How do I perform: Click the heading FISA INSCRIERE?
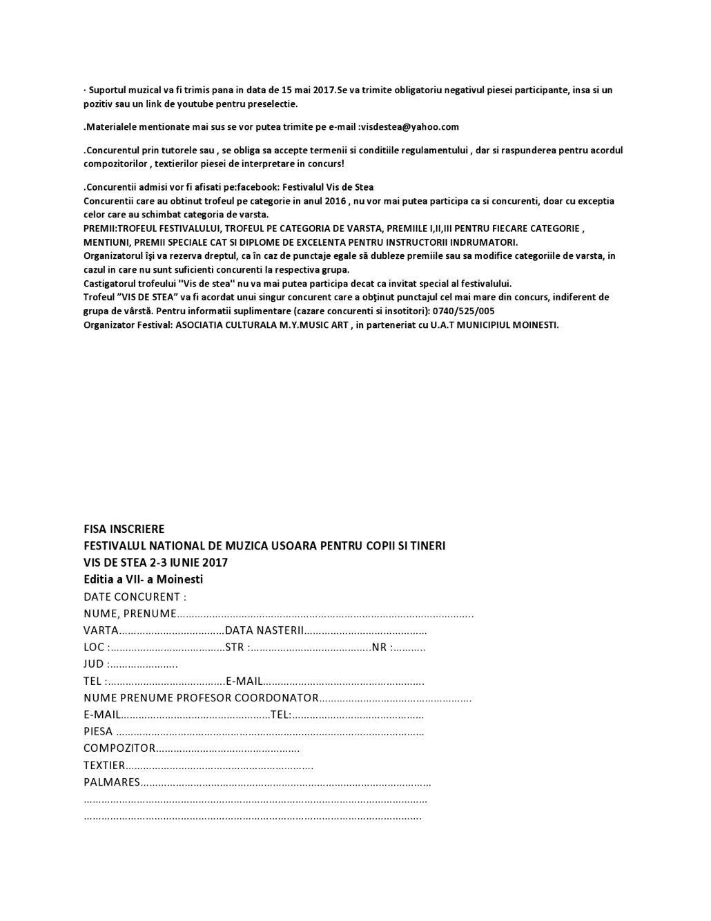(x=124, y=529)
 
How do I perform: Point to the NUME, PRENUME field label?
(x=130, y=614)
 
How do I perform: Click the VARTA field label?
(x=101, y=630)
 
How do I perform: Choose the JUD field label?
(x=94, y=664)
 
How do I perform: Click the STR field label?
(x=235, y=648)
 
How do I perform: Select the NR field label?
(x=379, y=648)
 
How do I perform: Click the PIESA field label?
(x=98, y=731)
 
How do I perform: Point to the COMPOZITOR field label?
(x=119, y=748)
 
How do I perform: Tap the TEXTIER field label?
(x=104, y=765)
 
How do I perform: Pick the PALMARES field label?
(x=112, y=782)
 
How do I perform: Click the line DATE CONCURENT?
(x=135, y=597)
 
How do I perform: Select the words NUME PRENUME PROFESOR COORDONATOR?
(x=201, y=698)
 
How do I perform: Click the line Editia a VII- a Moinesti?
(x=144, y=579)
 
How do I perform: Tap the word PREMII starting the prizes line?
(x=99, y=229)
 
